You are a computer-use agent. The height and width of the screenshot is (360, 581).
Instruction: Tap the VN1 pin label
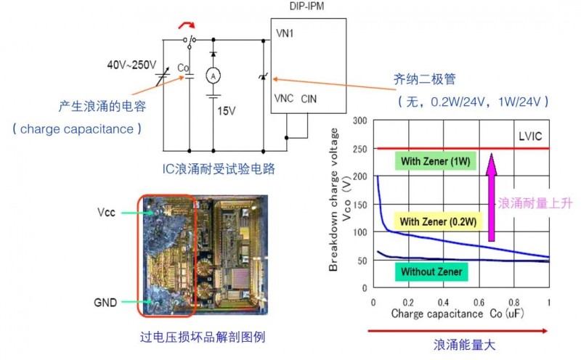coord(285,33)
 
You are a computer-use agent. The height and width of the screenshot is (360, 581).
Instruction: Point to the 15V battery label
coord(227,111)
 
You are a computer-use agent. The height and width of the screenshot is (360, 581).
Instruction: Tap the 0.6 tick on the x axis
coord(479,302)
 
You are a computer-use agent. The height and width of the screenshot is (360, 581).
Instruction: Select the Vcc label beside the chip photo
coord(108,213)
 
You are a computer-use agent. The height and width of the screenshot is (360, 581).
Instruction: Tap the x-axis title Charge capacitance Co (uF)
coord(458,315)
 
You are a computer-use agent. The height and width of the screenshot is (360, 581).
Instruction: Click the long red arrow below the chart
coord(458,330)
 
